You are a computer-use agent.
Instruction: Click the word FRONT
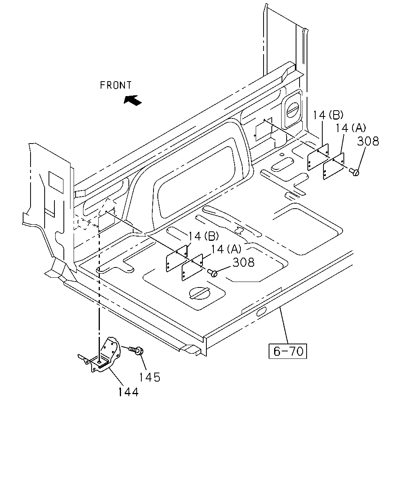click(x=116, y=85)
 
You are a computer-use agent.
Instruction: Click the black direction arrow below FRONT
click(x=132, y=100)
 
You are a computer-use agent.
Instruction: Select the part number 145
click(x=150, y=377)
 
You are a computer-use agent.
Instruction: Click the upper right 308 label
click(x=368, y=141)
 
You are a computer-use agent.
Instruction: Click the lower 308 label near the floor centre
click(x=244, y=262)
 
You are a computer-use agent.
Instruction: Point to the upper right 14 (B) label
click(x=328, y=115)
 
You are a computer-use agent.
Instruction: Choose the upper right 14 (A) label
click(x=350, y=128)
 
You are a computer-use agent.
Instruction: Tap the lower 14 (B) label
click(x=204, y=236)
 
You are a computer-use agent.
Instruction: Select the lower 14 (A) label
click(x=226, y=249)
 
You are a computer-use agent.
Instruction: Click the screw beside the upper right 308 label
click(x=354, y=172)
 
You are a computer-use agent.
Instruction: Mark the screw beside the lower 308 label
click(x=213, y=273)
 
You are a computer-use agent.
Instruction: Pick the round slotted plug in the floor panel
click(x=199, y=293)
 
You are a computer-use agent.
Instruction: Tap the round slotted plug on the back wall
click(x=293, y=110)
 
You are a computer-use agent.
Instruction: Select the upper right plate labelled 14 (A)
click(x=334, y=166)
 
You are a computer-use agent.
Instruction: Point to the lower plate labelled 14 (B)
click(x=177, y=258)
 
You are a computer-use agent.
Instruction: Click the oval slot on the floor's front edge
click(x=261, y=312)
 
